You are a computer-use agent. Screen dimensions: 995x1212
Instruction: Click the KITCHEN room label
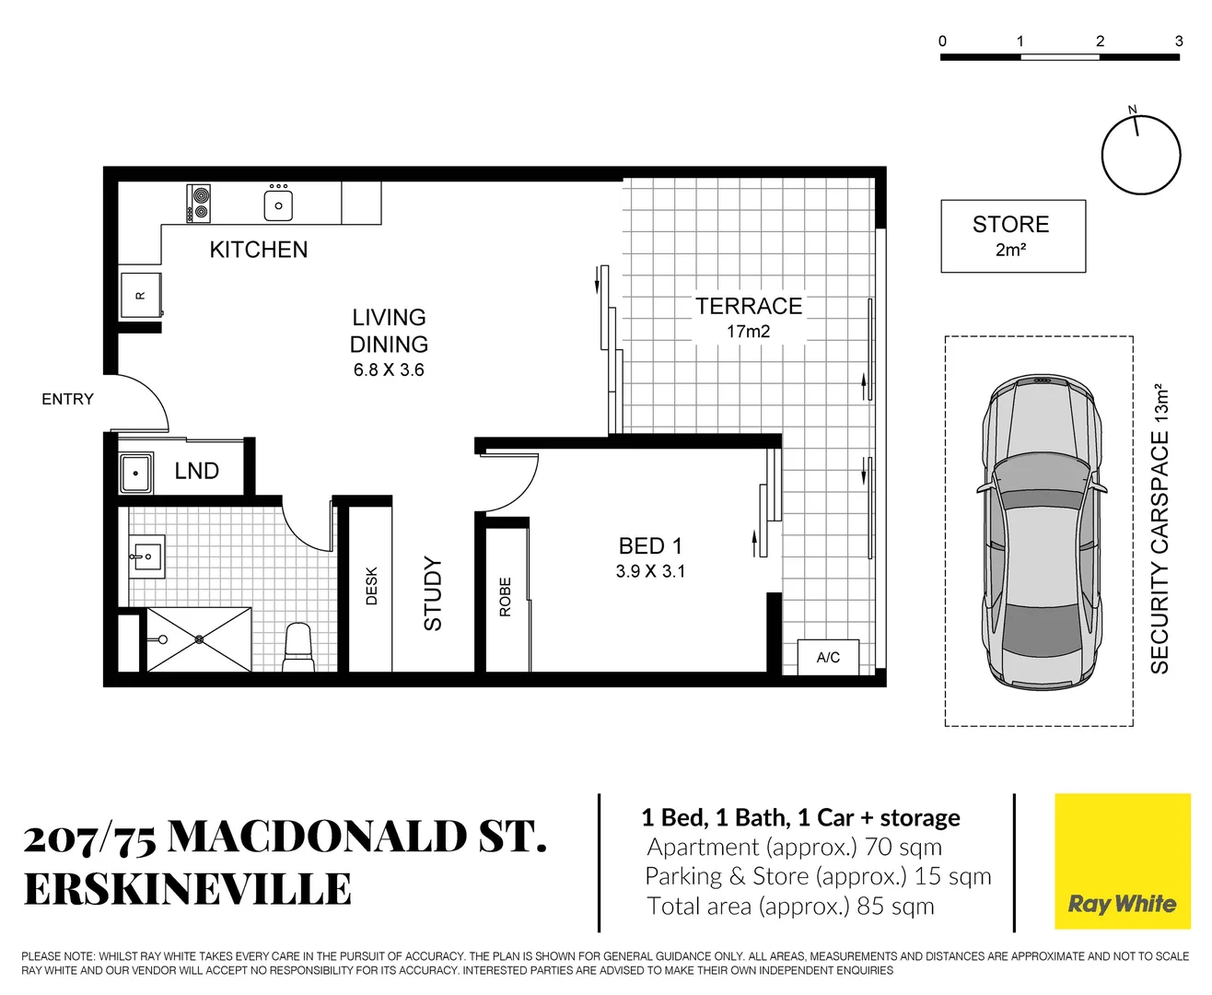point(258,250)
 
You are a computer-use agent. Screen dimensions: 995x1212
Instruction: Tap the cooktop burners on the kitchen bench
point(199,204)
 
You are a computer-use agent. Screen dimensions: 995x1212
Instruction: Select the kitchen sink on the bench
point(278,205)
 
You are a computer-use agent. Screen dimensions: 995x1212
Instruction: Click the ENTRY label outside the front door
point(67,399)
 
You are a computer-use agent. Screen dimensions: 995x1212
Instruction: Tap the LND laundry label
point(196,471)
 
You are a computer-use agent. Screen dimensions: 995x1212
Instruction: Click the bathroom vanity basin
point(146,556)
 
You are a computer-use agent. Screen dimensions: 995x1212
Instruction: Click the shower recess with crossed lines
point(199,638)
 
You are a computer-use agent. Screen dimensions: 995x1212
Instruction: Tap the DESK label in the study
point(371,586)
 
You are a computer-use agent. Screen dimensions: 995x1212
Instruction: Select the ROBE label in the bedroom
point(505,597)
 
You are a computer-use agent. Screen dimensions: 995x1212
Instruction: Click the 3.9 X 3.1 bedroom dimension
point(650,571)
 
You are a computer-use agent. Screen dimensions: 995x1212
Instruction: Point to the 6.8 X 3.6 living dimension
point(389,370)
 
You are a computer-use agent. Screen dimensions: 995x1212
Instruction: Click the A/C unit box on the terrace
point(827,657)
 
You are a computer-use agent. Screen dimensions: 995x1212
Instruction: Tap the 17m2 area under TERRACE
point(748,332)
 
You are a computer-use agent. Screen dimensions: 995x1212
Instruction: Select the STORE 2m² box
point(1012,236)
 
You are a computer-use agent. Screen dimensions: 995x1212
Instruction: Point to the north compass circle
point(1140,155)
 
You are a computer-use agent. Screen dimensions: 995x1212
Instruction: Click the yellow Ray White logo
point(1122,861)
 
